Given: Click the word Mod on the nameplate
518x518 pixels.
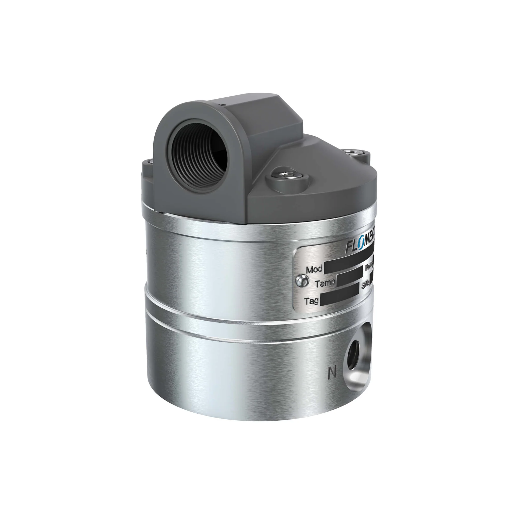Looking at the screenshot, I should coord(314,269).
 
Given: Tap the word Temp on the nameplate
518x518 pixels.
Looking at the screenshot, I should coord(325,283).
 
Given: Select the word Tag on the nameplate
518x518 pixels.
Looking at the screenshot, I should coord(311,301).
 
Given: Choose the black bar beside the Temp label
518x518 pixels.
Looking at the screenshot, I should coord(349,280).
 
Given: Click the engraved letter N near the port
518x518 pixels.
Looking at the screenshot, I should coord(332,372).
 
